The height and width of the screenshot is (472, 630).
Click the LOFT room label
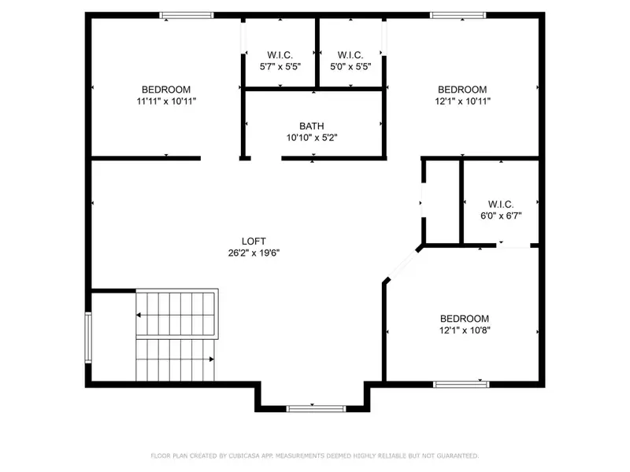(x=254, y=241)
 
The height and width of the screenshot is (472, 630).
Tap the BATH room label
(x=311, y=126)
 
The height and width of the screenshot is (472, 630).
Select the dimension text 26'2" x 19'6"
(x=254, y=253)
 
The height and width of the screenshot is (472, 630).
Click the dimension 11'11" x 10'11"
(x=166, y=101)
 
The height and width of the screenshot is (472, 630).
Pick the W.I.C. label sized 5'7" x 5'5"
(x=280, y=55)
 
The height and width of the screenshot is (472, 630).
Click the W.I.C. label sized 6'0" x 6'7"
(x=501, y=204)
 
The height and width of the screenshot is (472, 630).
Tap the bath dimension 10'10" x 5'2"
(x=312, y=137)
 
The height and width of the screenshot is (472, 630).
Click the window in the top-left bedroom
(x=187, y=15)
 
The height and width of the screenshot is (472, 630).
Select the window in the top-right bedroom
(x=458, y=15)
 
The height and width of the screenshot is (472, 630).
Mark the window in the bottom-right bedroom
(x=461, y=384)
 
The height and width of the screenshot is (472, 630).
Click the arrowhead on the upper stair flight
(x=139, y=315)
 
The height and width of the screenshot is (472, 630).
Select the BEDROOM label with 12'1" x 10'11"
(x=462, y=90)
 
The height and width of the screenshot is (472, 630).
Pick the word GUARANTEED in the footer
(x=454, y=455)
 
